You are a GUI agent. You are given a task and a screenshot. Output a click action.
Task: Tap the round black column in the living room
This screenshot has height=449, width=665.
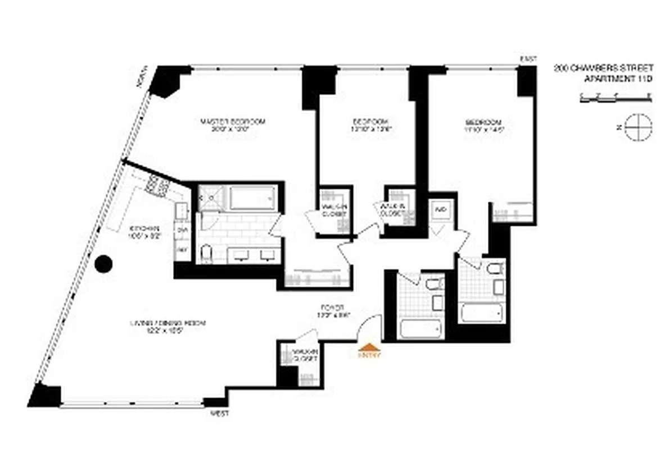point(103,264)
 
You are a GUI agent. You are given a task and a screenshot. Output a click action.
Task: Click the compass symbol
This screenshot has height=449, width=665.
point(639,127)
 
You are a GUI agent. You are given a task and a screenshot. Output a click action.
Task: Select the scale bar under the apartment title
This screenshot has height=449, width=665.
point(615,98)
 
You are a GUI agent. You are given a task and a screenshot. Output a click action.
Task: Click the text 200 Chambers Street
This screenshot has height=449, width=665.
point(603,68)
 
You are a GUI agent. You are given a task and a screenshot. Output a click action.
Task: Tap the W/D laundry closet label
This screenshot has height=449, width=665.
point(440,210)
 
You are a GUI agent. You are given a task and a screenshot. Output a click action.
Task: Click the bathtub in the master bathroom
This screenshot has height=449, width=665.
point(252,198)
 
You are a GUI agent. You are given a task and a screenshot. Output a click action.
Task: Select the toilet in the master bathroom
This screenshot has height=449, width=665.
point(206,254)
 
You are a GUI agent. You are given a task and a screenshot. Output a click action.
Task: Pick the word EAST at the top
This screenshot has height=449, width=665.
point(529,59)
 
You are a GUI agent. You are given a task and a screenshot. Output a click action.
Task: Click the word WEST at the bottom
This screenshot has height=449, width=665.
point(219,413)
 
